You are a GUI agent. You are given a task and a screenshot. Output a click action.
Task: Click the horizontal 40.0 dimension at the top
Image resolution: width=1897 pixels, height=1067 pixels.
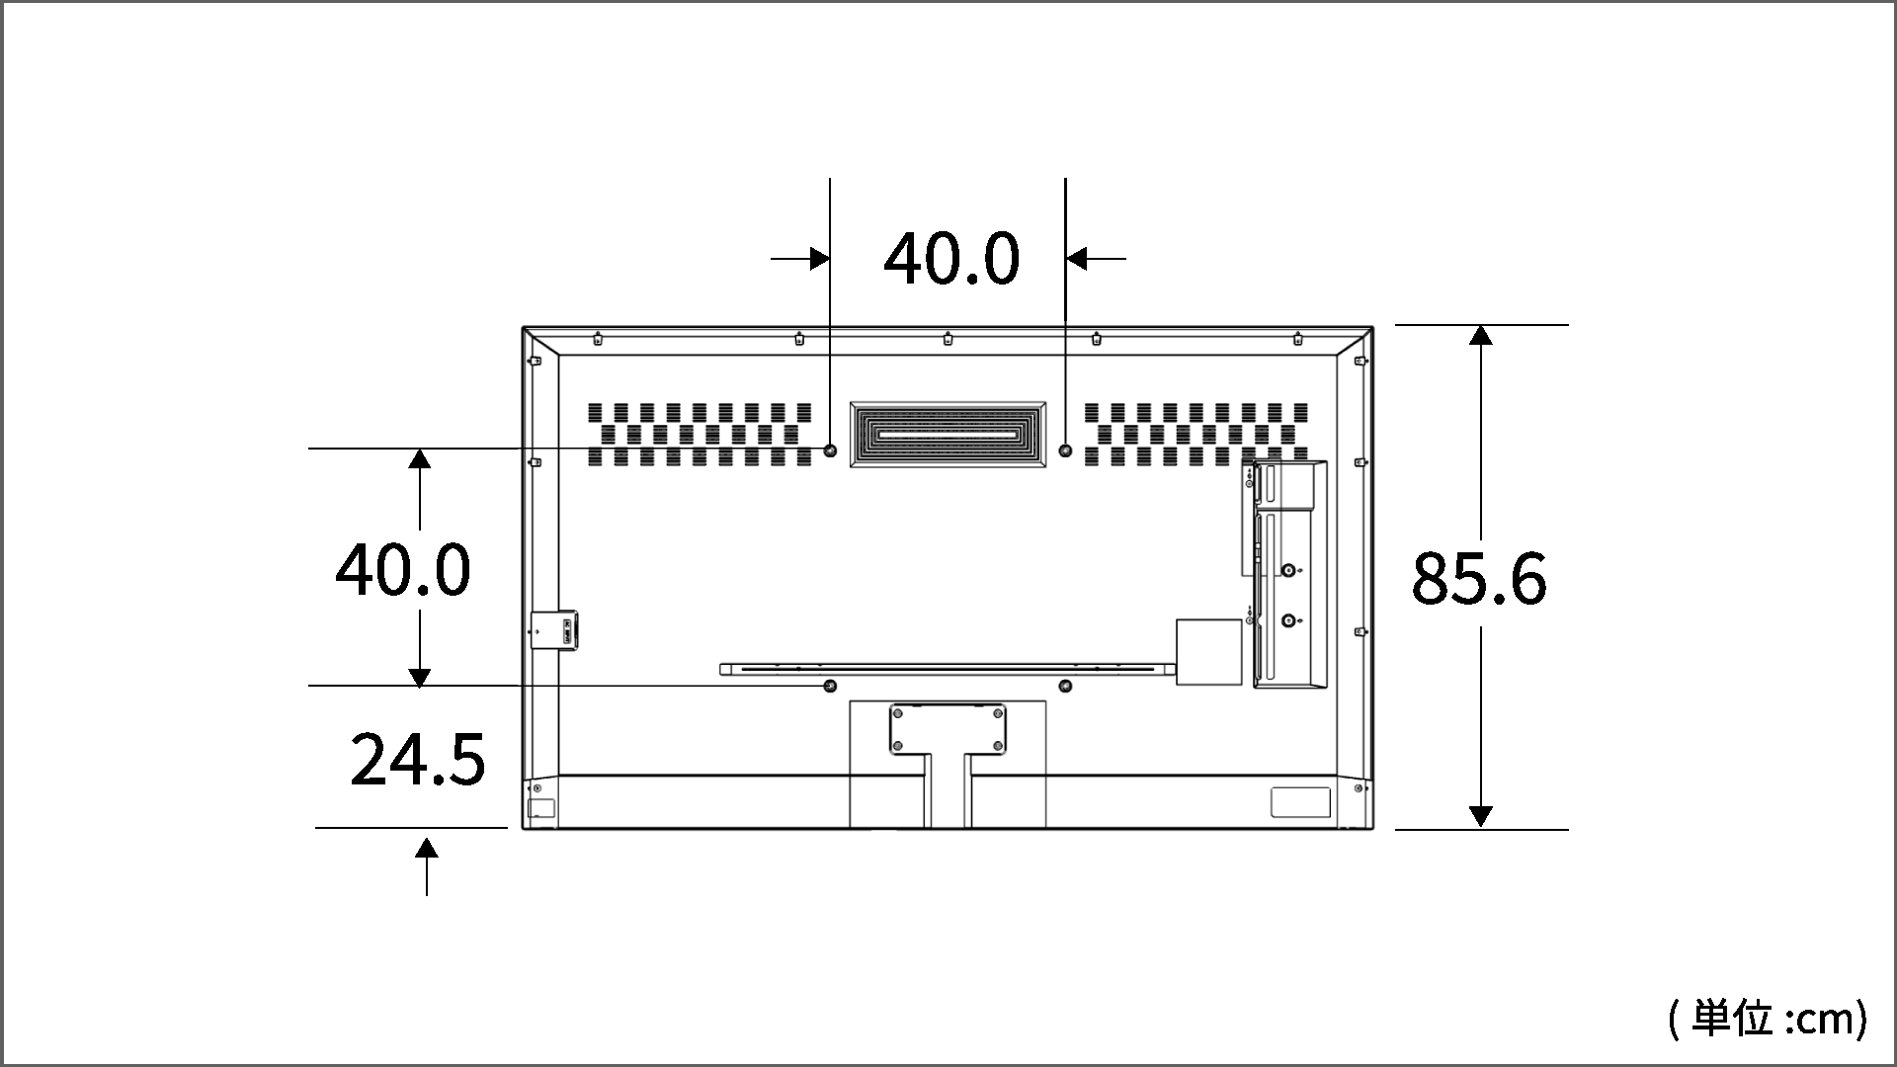tap(950, 259)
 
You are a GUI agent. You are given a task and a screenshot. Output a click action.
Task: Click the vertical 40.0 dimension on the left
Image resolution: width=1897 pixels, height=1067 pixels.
tap(402, 570)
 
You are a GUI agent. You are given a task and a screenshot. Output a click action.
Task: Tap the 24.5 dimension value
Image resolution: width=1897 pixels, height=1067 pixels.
tap(418, 759)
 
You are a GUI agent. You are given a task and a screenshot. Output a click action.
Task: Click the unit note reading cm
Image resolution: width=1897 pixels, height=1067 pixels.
tap(1768, 1019)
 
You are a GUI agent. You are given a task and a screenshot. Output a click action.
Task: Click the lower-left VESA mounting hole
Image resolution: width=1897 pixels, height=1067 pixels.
tap(830, 686)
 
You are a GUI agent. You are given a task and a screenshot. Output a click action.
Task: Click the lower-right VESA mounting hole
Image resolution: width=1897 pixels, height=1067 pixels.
tap(1065, 686)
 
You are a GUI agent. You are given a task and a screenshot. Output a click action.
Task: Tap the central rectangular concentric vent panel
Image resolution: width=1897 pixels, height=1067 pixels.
tap(948, 434)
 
